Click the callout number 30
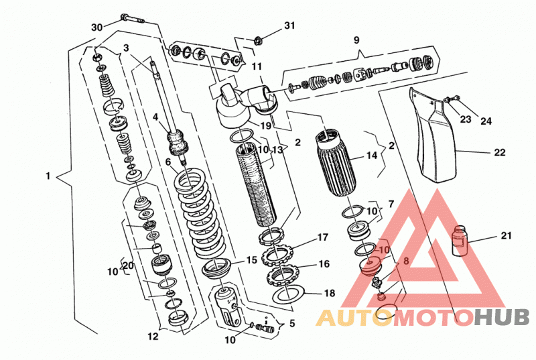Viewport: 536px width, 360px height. point(97,27)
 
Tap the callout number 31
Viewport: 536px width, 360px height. point(289,25)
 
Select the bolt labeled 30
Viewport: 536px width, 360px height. point(132,19)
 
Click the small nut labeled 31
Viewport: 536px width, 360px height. point(259,41)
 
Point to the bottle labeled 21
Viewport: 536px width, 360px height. point(459,241)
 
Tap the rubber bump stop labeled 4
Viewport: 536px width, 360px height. point(178,143)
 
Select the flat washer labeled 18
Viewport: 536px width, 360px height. point(289,294)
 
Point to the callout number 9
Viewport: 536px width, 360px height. point(356,40)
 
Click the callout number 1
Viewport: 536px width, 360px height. point(48,176)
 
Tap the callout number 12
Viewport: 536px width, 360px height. point(153,337)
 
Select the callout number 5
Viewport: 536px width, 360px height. point(292,323)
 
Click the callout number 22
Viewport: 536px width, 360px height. point(499,152)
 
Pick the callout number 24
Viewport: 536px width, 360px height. point(486,121)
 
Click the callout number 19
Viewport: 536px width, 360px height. point(265,125)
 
